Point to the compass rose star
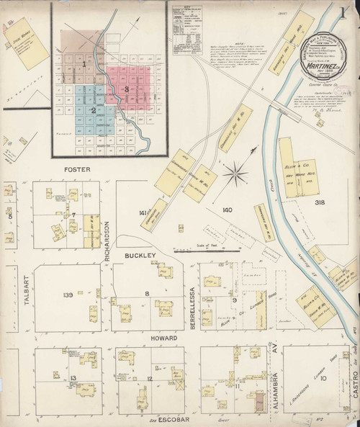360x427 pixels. [x=233, y=174]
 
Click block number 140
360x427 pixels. [x=229, y=209]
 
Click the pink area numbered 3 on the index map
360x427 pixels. [x=127, y=89]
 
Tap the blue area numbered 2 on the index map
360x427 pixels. [x=93, y=109]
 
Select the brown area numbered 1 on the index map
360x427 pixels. [x=84, y=64]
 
